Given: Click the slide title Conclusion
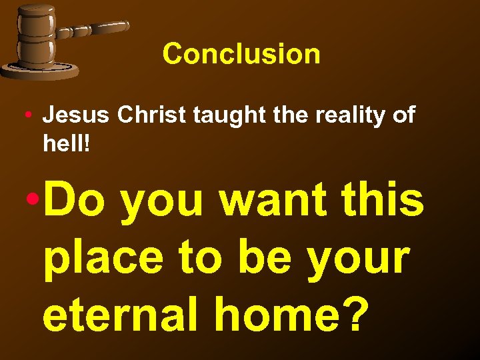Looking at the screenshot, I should pyautogui.click(x=241, y=54).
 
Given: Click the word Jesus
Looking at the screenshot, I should pyautogui.click(x=77, y=115).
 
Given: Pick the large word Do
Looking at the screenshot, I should pyautogui.click(x=77, y=201).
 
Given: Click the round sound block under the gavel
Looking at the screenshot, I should pyautogui.click(x=40, y=69).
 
